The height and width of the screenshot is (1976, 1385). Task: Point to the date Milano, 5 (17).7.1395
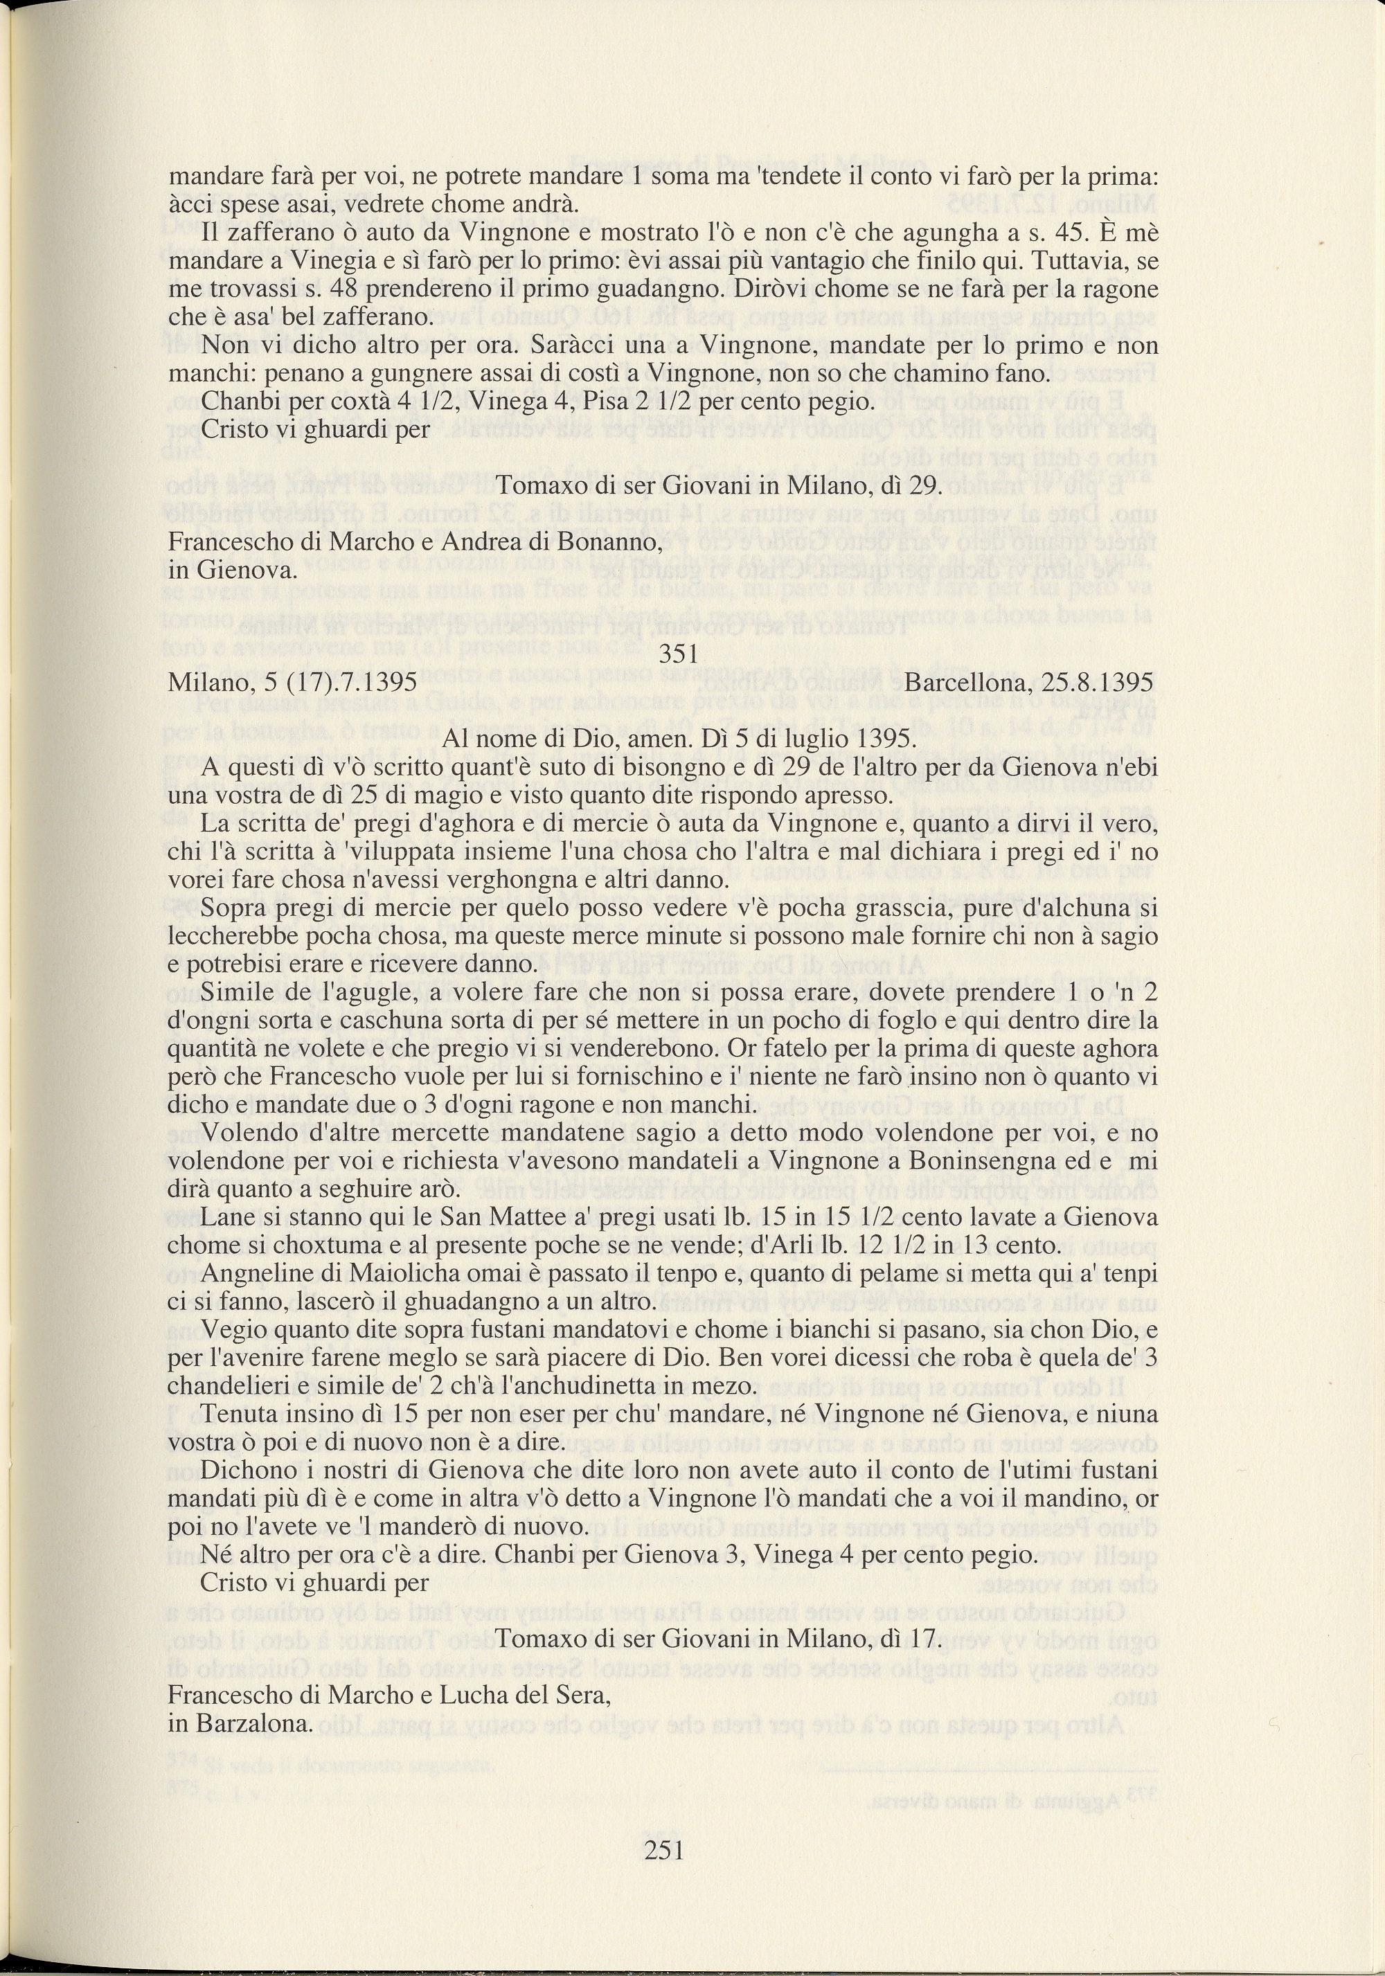293,683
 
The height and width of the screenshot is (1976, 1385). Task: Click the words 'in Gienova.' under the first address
233,570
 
